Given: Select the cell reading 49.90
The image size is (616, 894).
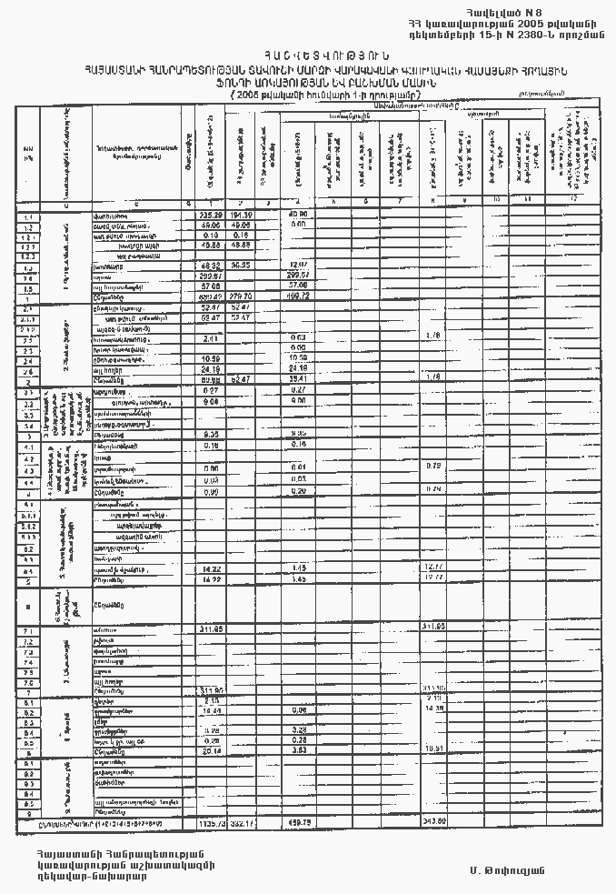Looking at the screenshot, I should coord(298,215).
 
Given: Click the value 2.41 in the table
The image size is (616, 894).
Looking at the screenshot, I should coord(209,338).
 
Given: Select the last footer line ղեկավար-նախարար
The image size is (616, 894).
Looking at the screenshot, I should coord(91,877).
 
